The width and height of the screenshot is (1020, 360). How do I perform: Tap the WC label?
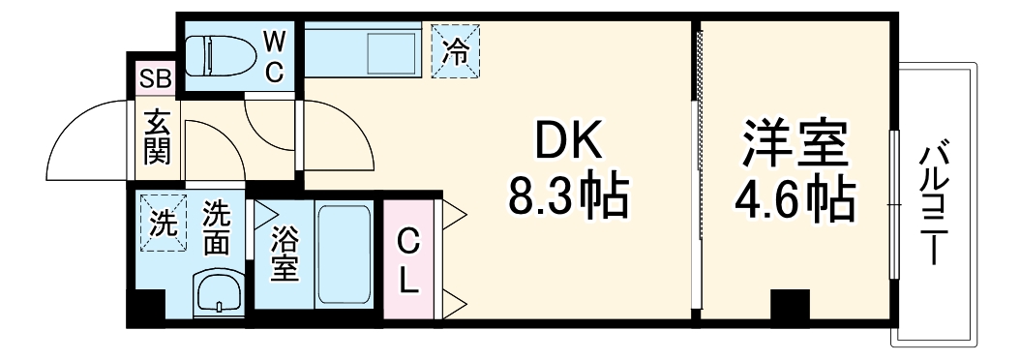274,56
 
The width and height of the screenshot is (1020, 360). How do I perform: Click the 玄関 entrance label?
157,138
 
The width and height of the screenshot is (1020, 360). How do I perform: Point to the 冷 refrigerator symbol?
454,50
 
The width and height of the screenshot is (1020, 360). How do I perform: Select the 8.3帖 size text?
569,197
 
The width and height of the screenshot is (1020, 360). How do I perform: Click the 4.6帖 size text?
794,198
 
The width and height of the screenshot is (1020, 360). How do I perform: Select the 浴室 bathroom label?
284,254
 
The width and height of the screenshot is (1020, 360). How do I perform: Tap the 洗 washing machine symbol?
163,223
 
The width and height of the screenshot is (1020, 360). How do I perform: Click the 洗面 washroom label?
216,228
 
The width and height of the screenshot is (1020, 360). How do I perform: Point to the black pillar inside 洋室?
789,308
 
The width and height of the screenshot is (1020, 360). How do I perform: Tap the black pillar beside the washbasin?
147,309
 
